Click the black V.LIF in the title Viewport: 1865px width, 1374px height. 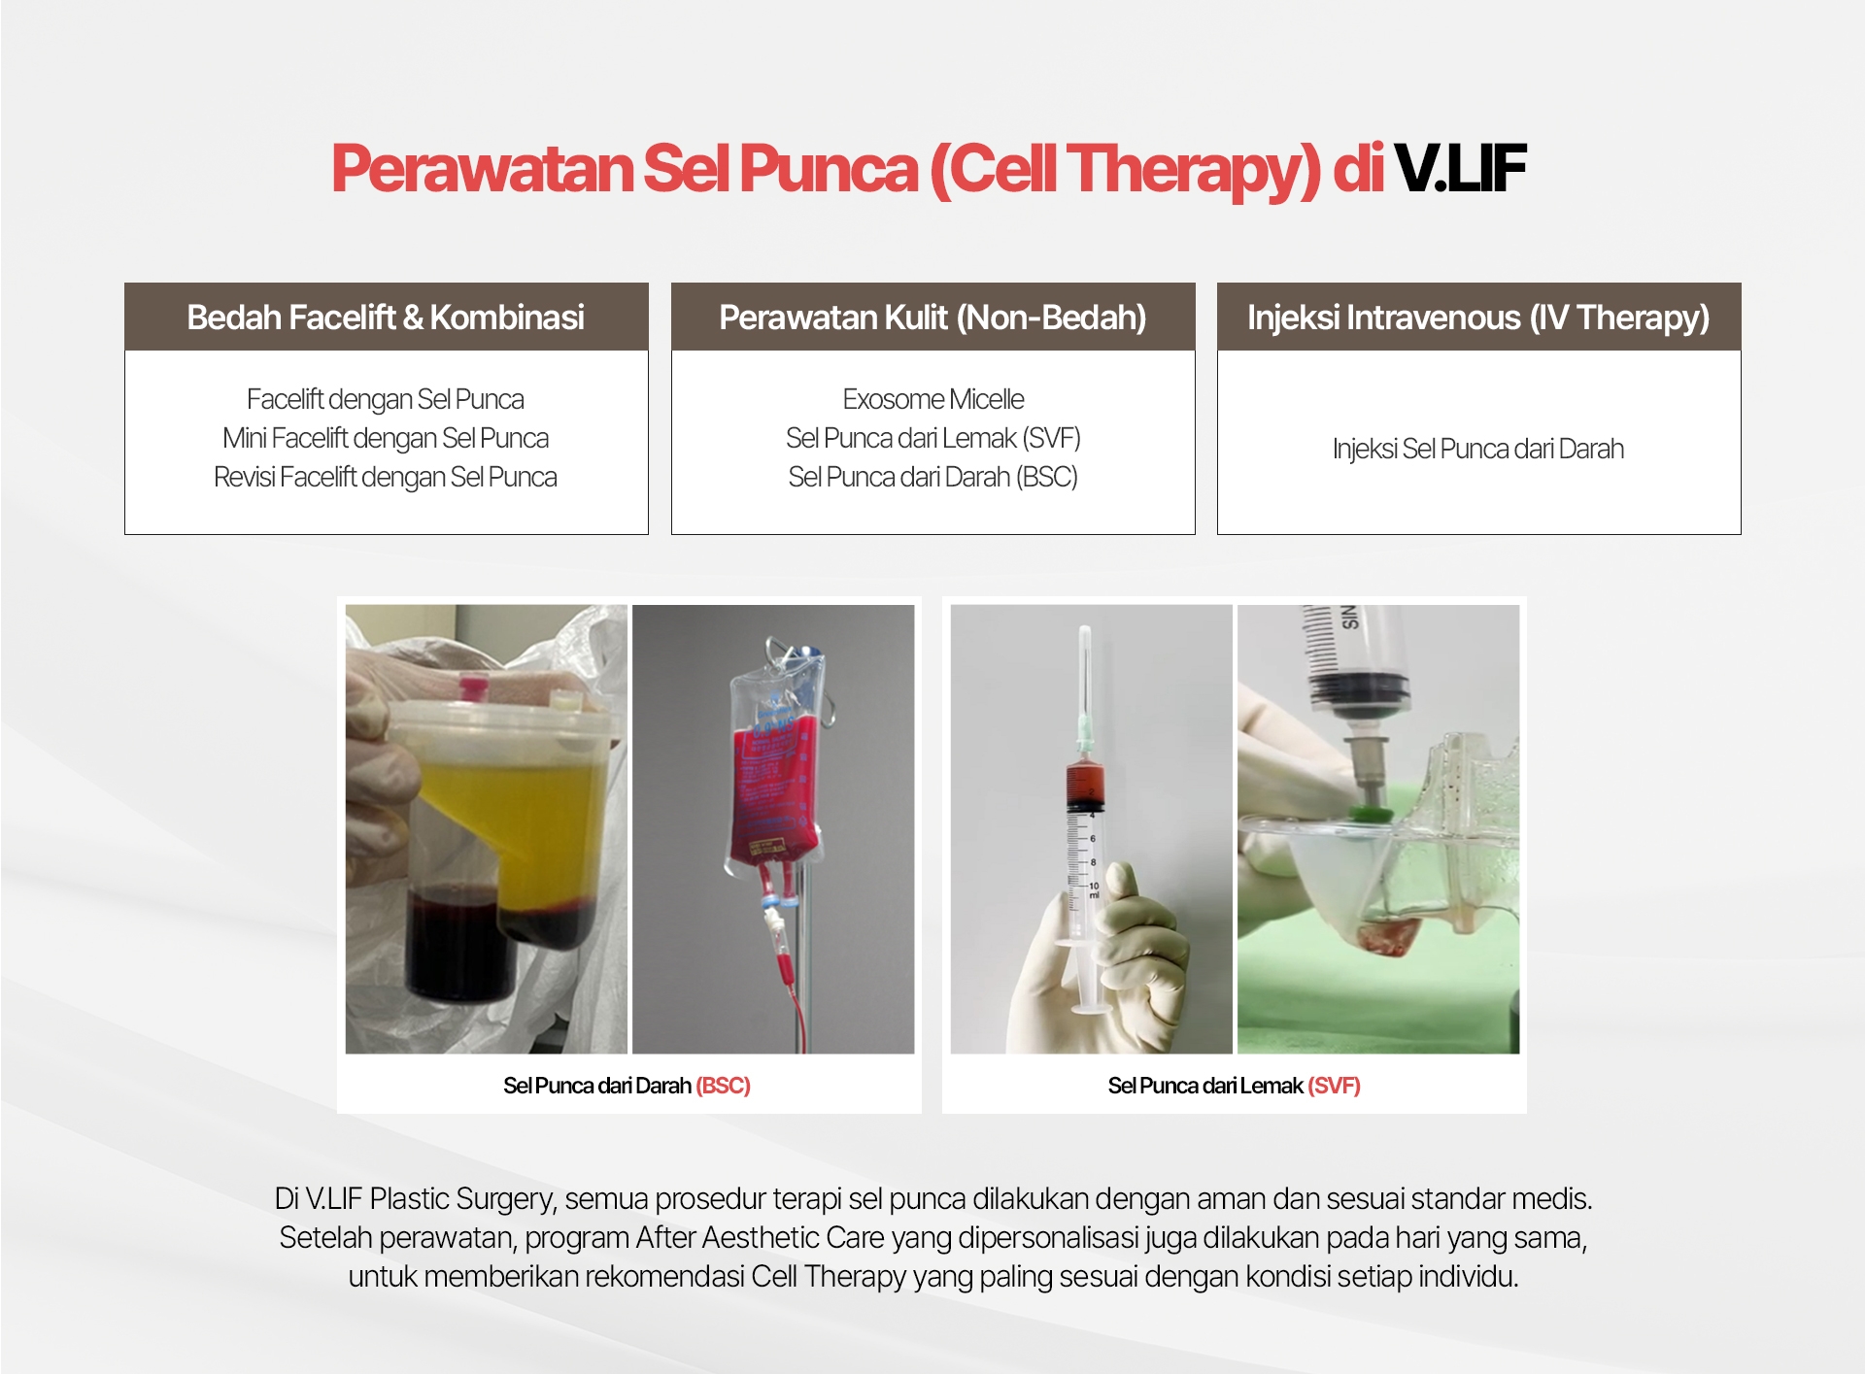1460,169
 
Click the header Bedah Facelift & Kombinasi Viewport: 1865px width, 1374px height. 386,318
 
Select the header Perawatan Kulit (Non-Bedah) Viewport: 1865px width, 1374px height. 932,318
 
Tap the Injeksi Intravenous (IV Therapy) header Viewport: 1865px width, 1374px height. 1478,318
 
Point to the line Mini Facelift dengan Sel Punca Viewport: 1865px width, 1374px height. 386,438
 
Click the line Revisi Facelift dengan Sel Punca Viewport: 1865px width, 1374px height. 386,477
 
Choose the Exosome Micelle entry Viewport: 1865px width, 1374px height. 932,399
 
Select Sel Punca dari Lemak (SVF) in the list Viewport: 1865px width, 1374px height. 932,438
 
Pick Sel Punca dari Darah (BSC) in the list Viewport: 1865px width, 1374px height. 932,477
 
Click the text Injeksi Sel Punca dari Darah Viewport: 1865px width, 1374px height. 1478,449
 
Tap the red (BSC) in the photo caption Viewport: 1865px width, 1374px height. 723,1086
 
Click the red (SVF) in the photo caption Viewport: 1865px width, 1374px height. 1334,1086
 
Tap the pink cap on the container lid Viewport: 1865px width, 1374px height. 472,688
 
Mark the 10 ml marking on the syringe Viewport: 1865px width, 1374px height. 1094,889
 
